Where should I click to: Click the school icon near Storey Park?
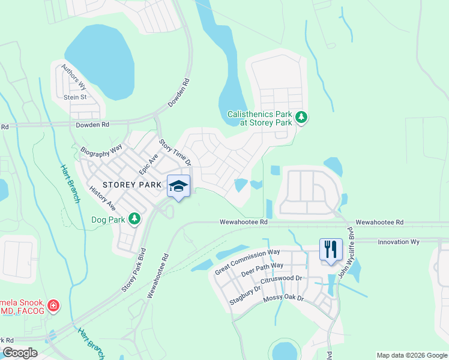pos(178,186)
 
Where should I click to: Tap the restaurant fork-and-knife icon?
pos(330,250)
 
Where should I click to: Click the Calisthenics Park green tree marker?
pos(303,118)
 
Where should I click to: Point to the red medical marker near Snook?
pos(54,306)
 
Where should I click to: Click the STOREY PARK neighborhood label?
pos(132,185)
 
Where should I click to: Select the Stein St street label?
pos(75,97)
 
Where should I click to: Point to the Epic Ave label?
pos(148,164)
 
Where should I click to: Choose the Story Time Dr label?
pos(175,153)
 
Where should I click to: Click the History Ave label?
pos(102,197)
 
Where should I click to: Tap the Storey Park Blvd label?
pos(134,269)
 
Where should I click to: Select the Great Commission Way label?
pos(248,262)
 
